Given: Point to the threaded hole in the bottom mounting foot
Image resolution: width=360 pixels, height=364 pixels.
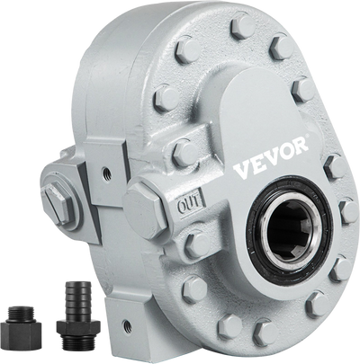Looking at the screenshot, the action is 127,324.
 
